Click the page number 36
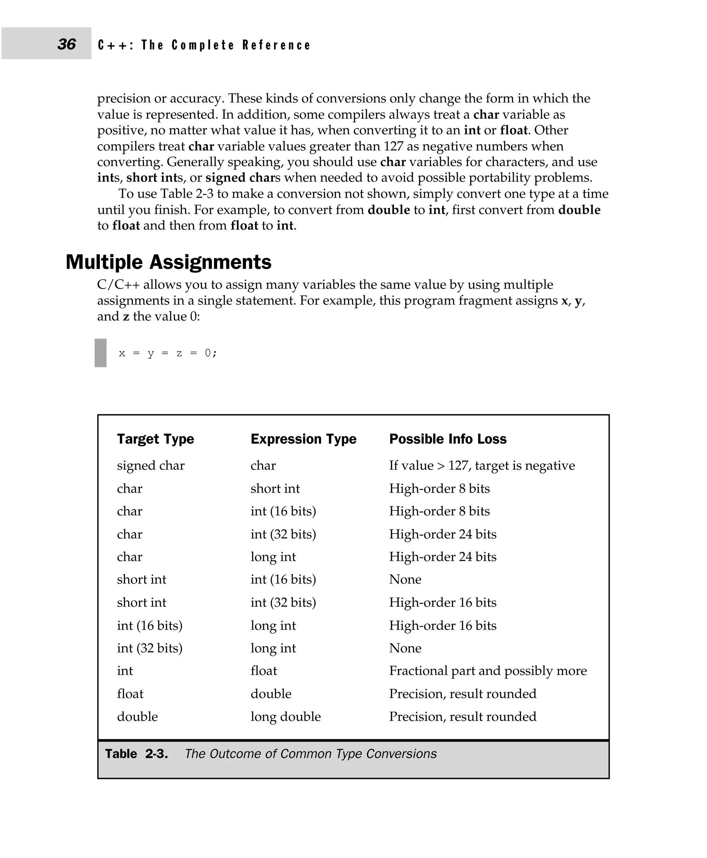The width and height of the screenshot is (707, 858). coord(66,44)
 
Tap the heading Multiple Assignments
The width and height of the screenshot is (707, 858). coord(168,262)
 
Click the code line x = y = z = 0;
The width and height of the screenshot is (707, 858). coord(168,353)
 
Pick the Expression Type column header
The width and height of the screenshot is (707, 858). coord(303,439)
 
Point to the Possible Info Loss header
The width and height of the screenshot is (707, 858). coord(448,439)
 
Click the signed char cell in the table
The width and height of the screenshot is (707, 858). coord(151,466)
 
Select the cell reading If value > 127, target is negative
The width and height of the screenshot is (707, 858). coord(482,466)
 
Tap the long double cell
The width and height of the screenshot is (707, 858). coord(285,716)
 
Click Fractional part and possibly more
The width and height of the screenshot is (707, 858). coord(488,671)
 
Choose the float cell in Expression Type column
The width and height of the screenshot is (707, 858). coord(263,671)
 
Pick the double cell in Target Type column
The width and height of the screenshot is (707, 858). coord(137,716)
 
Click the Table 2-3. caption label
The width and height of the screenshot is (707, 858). coord(136,754)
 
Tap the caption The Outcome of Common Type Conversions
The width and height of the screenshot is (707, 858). coord(311,754)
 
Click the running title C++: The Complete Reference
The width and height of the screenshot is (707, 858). coord(204,45)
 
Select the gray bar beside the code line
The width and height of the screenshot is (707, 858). coord(100,353)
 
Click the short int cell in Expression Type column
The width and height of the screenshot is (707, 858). coord(275,488)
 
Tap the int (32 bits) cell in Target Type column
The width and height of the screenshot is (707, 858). coord(149,648)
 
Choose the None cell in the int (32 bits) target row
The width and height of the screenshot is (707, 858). coord(405,648)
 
